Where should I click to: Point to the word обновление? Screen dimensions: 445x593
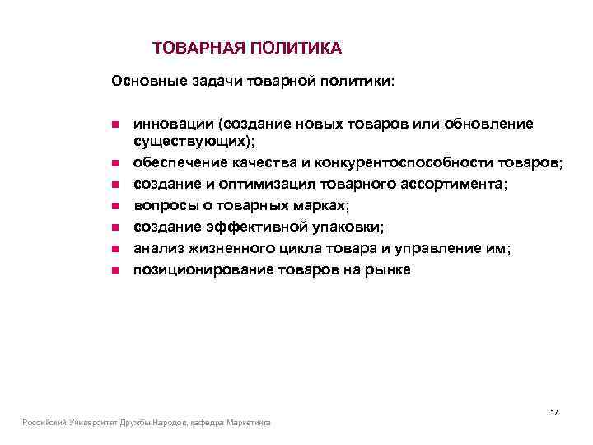488,124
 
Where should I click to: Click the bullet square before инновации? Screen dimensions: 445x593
116,124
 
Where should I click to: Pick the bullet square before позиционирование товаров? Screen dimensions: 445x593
116,270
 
